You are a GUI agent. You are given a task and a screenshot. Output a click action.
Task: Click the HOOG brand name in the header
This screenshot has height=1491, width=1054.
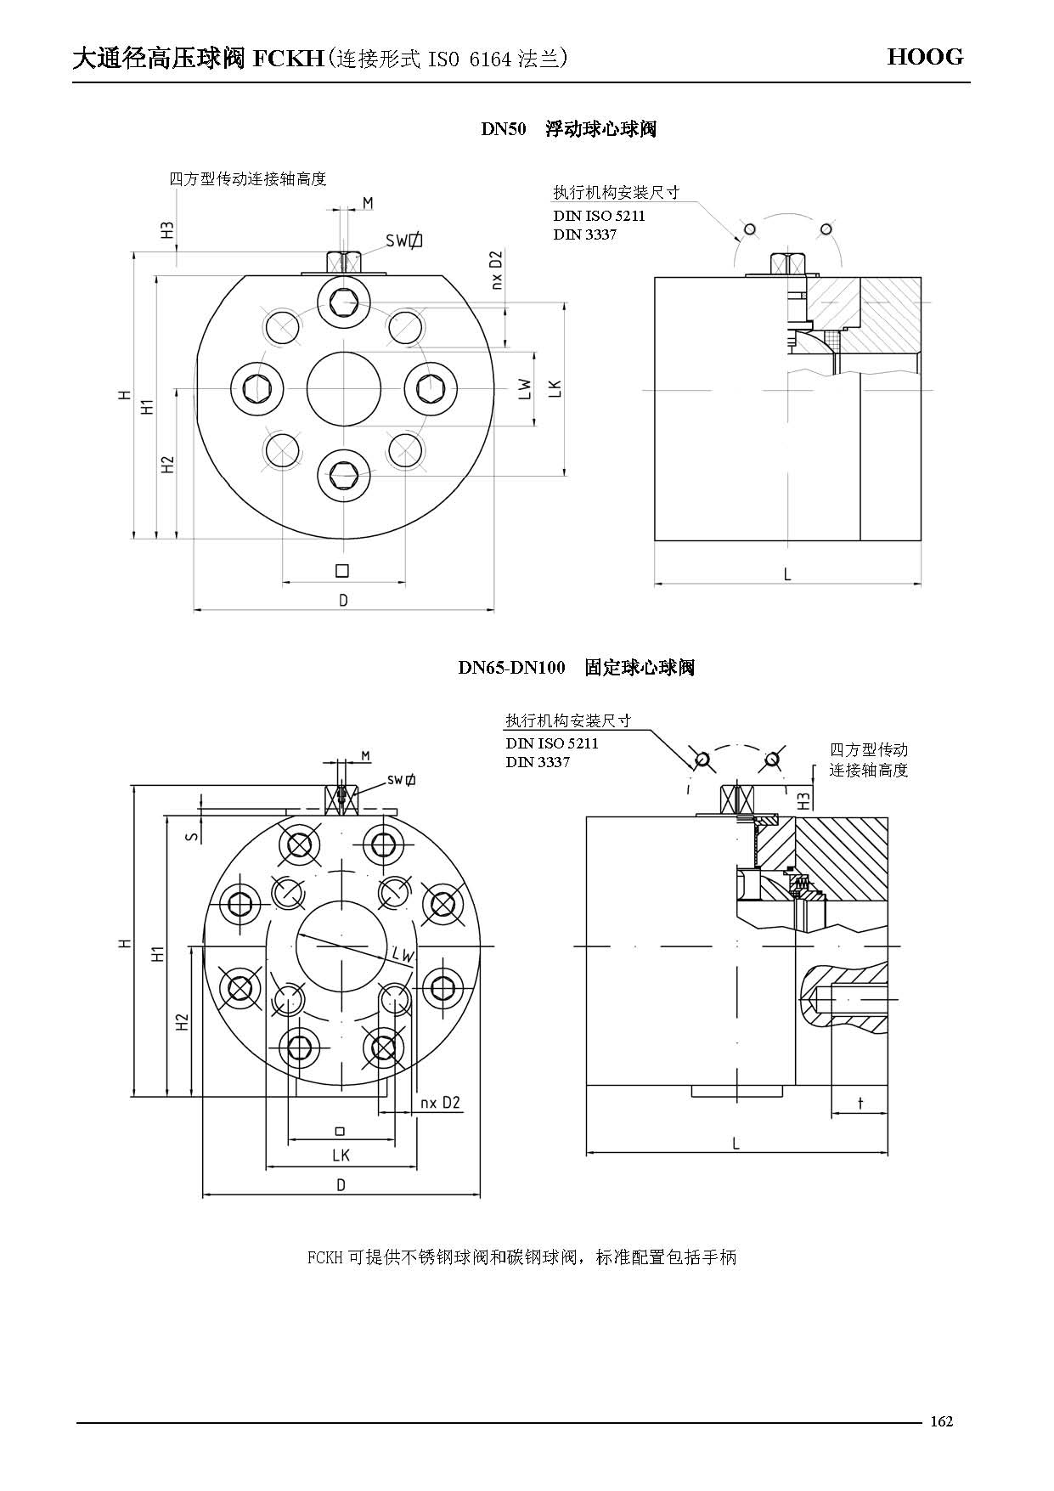click(x=925, y=58)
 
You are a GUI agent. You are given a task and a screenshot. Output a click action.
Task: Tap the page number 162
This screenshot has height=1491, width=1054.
click(x=942, y=1420)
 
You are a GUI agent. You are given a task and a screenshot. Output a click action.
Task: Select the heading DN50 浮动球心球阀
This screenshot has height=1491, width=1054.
click(x=568, y=129)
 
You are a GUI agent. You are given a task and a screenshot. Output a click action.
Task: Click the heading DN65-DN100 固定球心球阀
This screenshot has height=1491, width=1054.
click(x=576, y=668)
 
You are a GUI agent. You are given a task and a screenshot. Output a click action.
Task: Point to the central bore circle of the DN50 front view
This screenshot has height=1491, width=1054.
click(x=344, y=388)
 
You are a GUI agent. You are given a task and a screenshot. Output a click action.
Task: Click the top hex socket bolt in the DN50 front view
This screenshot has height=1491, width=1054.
click(x=344, y=302)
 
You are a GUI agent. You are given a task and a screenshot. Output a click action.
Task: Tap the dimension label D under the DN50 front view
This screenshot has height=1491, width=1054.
click(x=343, y=601)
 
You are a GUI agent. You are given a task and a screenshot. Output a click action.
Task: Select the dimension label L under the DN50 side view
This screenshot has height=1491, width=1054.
click(x=787, y=575)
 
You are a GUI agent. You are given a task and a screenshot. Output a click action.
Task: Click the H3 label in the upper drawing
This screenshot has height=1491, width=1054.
click(x=168, y=229)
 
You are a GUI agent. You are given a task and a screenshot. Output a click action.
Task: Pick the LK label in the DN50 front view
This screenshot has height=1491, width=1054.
click(x=555, y=388)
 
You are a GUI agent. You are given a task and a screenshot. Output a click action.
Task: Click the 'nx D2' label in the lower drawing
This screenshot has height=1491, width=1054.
click(x=440, y=1103)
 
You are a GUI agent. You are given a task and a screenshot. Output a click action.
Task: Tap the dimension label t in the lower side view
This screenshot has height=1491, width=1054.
click(x=860, y=1104)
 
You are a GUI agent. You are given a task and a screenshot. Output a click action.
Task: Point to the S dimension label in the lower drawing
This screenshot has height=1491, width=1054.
click(x=193, y=836)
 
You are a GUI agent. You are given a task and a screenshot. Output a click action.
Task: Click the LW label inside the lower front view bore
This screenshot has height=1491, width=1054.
click(x=403, y=955)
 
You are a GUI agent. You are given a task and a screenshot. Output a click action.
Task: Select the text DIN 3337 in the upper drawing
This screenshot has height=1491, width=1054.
click(x=584, y=234)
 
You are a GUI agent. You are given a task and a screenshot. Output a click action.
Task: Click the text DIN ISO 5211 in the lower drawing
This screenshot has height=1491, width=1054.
click(x=552, y=743)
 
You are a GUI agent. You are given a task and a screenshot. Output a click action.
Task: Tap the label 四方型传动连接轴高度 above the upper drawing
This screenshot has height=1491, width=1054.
click(x=248, y=179)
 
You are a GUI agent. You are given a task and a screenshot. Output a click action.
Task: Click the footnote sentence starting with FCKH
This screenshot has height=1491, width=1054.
click(x=521, y=1257)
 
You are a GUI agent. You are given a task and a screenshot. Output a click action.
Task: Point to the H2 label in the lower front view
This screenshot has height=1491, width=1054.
click(x=182, y=1023)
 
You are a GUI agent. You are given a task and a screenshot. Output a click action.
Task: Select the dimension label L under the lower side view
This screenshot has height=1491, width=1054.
click(x=736, y=1144)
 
